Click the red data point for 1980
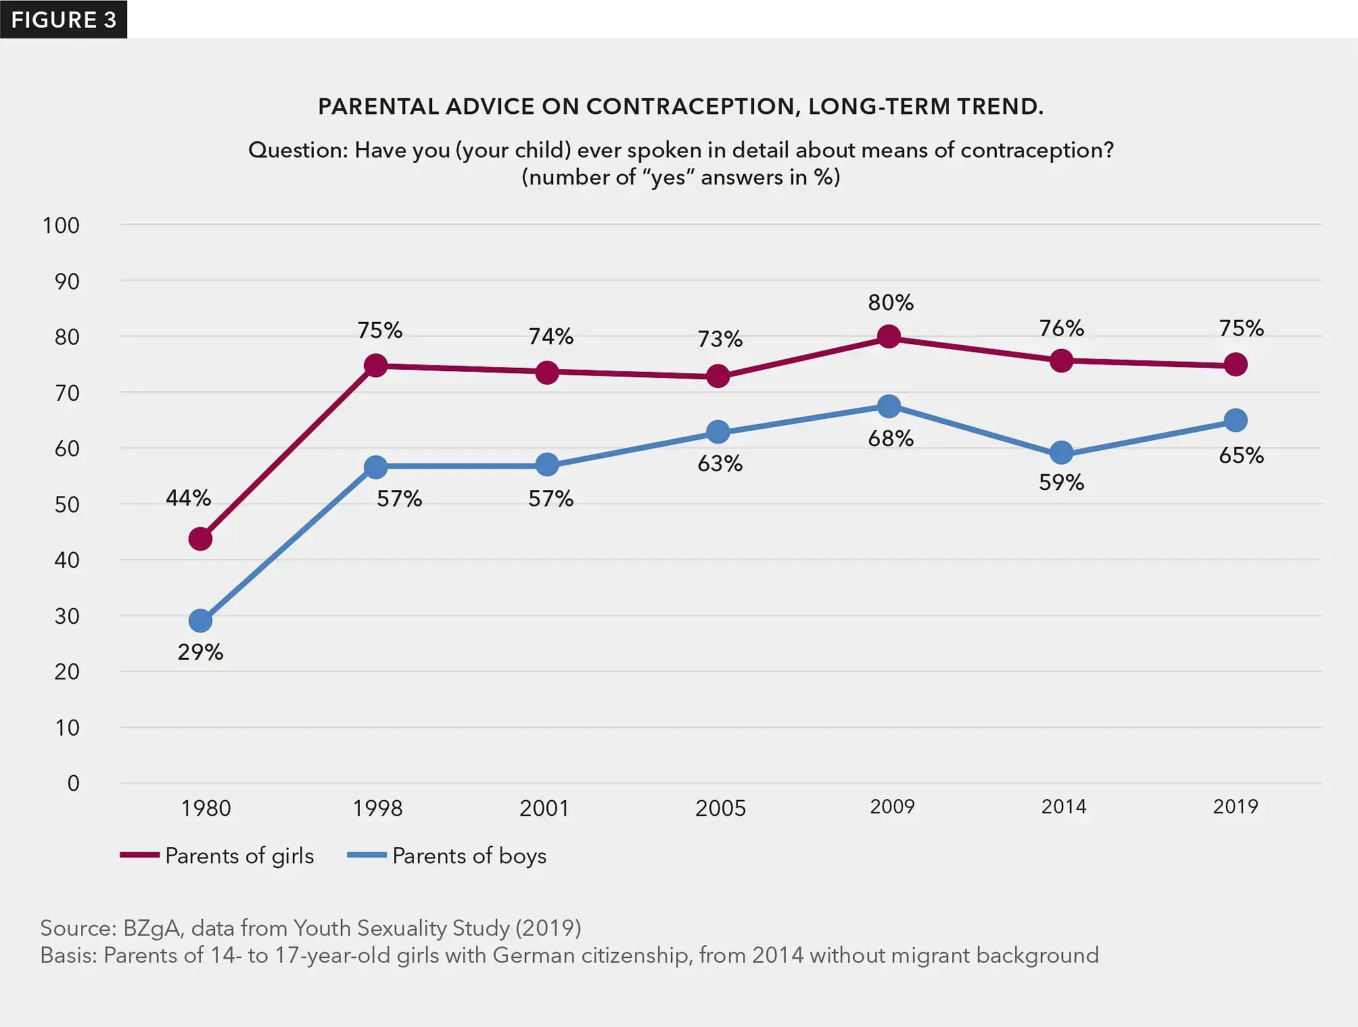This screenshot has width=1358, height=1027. (200, 539)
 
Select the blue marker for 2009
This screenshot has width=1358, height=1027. (889, 406)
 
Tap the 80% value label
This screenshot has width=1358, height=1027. (891, 302)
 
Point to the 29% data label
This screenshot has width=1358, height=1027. (200, 652)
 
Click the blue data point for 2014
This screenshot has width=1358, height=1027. (1061, 452)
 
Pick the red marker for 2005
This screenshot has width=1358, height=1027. (718, 376)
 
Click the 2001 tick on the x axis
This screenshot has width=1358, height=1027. (544, 808)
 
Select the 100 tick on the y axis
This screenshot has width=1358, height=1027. (61, 225)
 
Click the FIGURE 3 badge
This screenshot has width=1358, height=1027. (64, 20)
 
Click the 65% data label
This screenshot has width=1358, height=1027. (1241, 455)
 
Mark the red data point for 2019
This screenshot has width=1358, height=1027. (1236, 364)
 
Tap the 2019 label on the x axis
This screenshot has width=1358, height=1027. (1235, 807)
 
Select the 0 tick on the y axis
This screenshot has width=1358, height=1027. (73, 783)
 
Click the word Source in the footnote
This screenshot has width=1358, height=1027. (76, 928)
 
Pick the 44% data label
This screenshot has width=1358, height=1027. (188, 498)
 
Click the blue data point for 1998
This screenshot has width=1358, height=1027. (375, 467)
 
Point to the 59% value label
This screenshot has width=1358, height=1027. (1061, 482)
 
